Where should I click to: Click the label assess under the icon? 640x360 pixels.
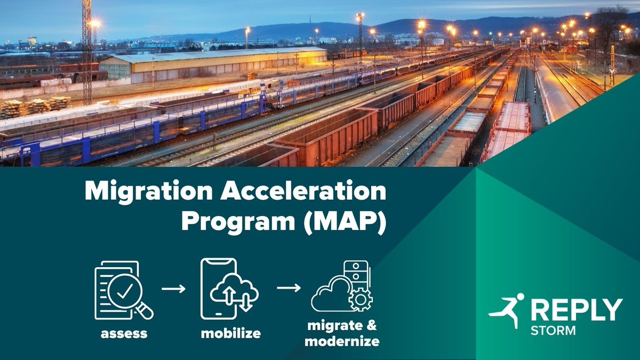click(124, 334)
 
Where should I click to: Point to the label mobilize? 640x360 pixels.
click(231, 334)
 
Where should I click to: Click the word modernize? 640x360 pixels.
click(342, 342)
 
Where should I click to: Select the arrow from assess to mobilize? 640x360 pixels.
click(173, 289)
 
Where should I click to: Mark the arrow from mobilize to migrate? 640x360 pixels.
click(289, 289)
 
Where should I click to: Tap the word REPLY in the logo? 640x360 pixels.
click(576, 310)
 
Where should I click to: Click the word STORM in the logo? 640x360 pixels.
click(553, 331)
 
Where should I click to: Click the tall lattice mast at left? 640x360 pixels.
click(87, 53)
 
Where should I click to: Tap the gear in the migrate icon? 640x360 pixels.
click(361, 299)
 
